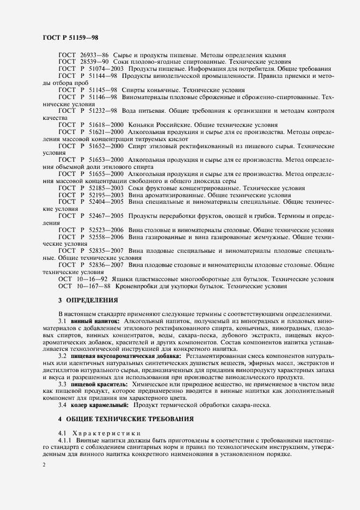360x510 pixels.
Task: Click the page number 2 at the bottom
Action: pyautogui.click(x=44, y=464)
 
